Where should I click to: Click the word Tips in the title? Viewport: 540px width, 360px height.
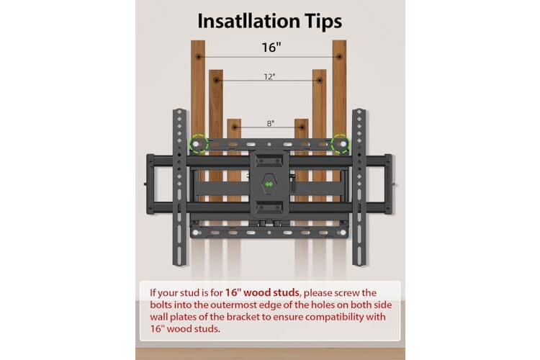[x=323, y=22]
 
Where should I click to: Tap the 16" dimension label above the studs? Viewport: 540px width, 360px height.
[x=271, y=48]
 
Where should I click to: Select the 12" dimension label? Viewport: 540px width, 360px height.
[x=269, y=76]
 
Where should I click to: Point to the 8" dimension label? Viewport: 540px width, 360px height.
[x=270, y=123]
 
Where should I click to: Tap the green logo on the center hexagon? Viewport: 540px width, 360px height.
[x=269, y=184]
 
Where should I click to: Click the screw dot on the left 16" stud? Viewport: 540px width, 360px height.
[x=198, y=56]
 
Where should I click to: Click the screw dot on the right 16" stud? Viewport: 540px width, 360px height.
[x=340, y=56]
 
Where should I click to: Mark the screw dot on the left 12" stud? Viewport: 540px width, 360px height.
[x=216, y=80]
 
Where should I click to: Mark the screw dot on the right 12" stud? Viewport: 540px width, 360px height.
[x=320, y=80]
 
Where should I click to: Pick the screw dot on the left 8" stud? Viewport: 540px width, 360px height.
[x=235, y=127]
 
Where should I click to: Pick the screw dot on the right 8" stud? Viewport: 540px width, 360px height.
[x=302, y=127]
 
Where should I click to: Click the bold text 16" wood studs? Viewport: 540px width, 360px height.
[x=262, y=292]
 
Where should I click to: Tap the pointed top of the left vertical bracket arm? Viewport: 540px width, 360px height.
[x=179, y=109]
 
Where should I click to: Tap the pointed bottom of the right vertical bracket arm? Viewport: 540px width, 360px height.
[x=359, y=265]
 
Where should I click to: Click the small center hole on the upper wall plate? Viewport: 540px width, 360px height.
[x=269, y=144]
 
